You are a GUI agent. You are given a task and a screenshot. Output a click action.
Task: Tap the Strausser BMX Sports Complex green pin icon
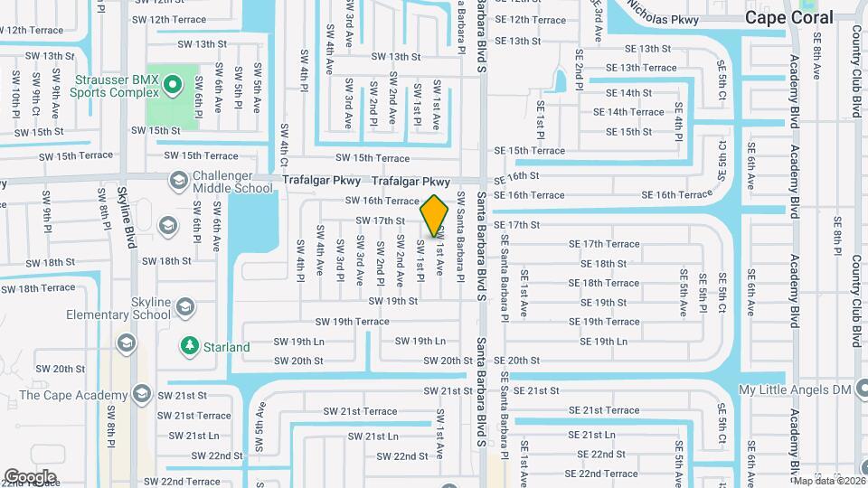[174, 86]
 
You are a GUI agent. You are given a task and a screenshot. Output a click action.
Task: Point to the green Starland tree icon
[190, 346]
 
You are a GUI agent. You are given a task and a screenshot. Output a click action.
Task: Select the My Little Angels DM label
[797, 390]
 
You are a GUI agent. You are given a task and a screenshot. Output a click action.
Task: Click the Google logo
[30, 476]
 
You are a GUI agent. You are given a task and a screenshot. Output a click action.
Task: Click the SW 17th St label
[380, 221]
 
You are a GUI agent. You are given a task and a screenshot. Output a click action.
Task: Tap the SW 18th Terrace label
[38, 288]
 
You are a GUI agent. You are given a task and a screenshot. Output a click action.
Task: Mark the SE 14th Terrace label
[628, 112]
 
